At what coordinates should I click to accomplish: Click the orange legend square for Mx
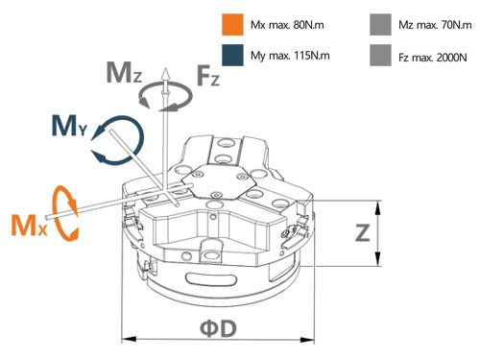(232, 24)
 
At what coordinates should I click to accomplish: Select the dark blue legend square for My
(232, 55)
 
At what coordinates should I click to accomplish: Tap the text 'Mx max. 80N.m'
(287, 25)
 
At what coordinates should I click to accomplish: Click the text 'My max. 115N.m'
(290, 56)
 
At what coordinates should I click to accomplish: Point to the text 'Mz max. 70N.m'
(435, 25)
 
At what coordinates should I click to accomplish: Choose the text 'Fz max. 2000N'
(433, 58)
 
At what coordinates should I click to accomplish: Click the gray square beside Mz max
(380, 24)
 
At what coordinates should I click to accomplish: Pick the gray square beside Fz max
(380, 56)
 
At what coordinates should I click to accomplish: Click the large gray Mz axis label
(124, 72)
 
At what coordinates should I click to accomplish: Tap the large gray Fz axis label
(208, 76)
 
